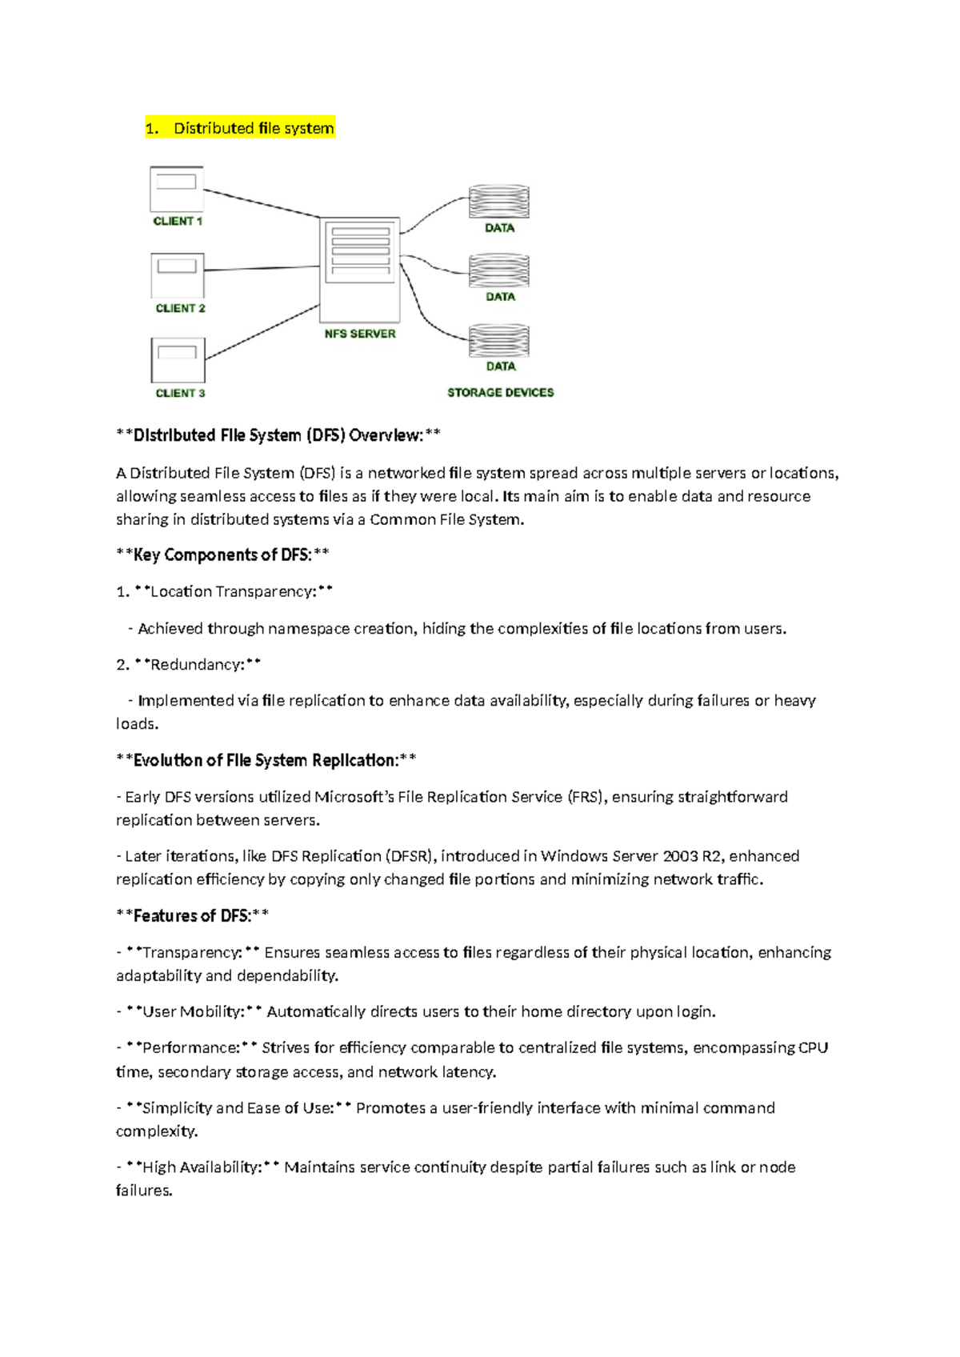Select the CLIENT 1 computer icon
177,188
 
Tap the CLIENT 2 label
180,308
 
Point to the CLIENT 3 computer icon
178,360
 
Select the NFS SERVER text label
360,334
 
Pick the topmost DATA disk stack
499,202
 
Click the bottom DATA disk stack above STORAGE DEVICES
499,341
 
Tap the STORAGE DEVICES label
500,392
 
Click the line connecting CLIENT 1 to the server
262,203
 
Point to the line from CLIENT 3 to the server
262,331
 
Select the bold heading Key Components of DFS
222,554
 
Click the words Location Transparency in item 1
233,591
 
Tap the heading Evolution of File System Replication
266,760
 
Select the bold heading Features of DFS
192,915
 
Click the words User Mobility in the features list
192,1011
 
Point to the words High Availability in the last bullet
201,1167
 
